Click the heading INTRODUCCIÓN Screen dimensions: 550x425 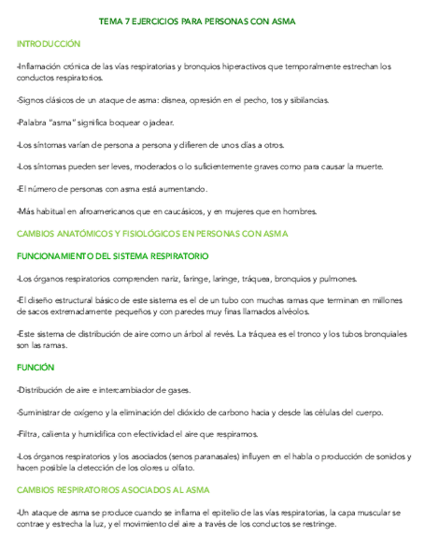click(49, 44)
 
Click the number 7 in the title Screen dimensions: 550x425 click(126, 22)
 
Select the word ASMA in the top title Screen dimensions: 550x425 click(285, 22)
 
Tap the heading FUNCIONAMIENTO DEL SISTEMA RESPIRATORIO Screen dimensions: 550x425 click(113, 256)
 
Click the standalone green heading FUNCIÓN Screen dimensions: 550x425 click(36, 367)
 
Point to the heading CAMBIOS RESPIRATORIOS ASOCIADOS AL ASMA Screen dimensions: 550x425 click(113, 490)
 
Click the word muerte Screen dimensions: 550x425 click(369, 167)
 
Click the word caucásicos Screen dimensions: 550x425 click(182, 211)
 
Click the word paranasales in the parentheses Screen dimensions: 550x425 click(213, 457)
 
